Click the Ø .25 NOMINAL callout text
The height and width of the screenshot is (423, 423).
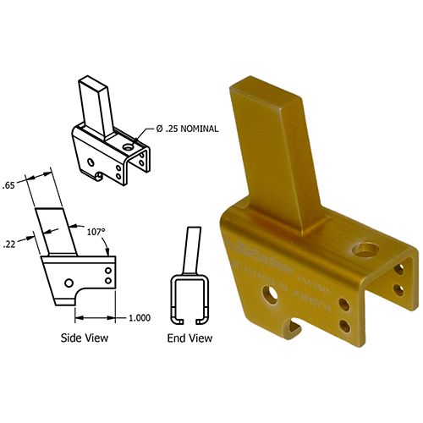(x=187, y=129)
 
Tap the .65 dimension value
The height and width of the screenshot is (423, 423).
(x=10, y=184)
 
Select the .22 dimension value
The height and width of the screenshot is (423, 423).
(x=9, y=241)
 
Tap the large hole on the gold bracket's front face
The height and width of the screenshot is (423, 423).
(x=272, y=294)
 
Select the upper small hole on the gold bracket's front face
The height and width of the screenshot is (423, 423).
(x=343, y=305)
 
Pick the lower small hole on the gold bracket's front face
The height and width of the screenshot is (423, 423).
(x=343, y=326)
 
